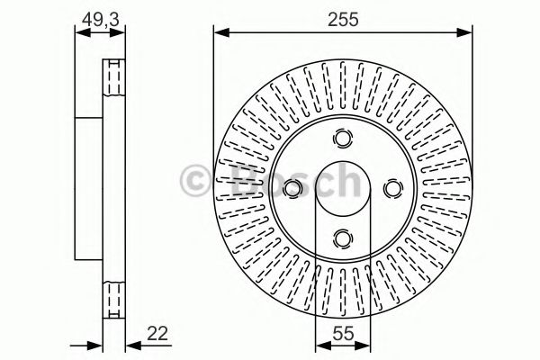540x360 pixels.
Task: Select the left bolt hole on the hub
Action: pyautogui.click(x=293, y=188)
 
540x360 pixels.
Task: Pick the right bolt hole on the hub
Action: pyautogui.click(x=392, y=188)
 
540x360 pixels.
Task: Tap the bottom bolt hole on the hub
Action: pyautogui.click(x=343, y=238)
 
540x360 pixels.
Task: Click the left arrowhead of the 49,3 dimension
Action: pyautogui.click(x=79, y=34)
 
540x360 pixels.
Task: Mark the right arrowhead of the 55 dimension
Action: pyautogui.click(x=365, y=346)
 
